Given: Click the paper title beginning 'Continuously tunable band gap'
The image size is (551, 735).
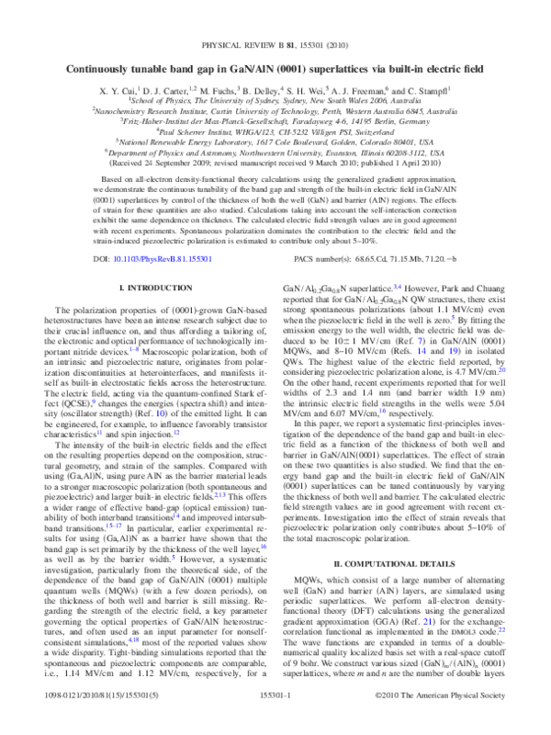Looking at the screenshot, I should tap(275, 68).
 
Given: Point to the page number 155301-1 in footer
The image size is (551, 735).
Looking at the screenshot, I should tap(275, 722).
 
